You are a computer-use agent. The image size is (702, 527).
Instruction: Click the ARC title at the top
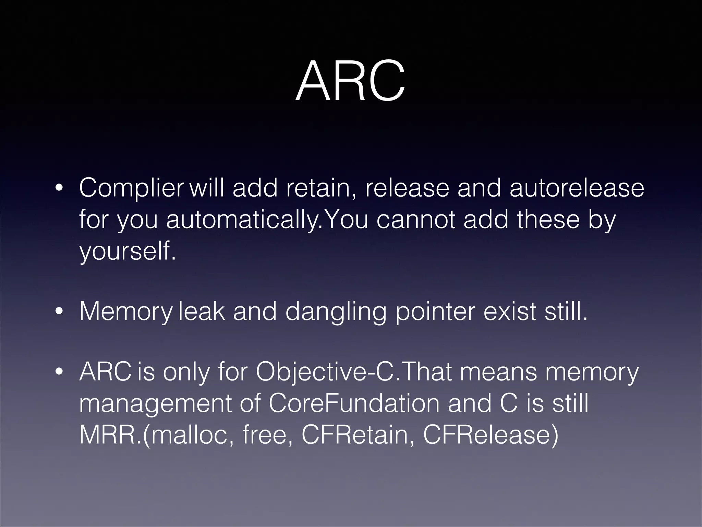350,82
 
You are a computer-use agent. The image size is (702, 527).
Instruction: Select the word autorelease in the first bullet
577,188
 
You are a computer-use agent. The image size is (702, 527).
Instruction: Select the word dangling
335,312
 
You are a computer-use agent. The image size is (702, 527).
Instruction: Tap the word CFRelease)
491,434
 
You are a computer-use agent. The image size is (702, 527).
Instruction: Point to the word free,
267,434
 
